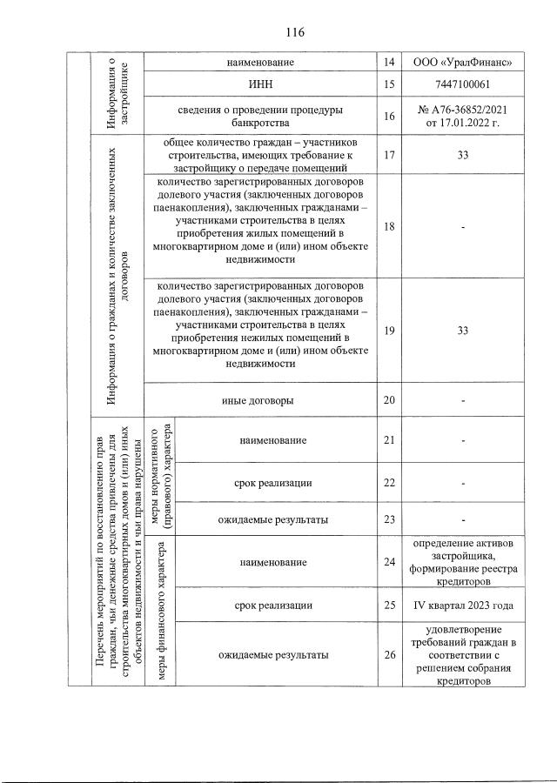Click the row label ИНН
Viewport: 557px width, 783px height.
[x=260, y=84]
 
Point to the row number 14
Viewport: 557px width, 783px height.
[x=388, y=63]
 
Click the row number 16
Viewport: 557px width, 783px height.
[x=388, y=117]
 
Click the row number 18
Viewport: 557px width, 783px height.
[x=388, y=226]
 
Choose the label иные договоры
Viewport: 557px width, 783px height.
[x=260, y=400]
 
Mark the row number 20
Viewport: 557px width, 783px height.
[x=388, y=400]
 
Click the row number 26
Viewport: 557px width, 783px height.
[x=388, y=654]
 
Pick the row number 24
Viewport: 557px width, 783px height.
[x=388, y=563]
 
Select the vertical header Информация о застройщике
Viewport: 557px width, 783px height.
[x=118, y=91]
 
